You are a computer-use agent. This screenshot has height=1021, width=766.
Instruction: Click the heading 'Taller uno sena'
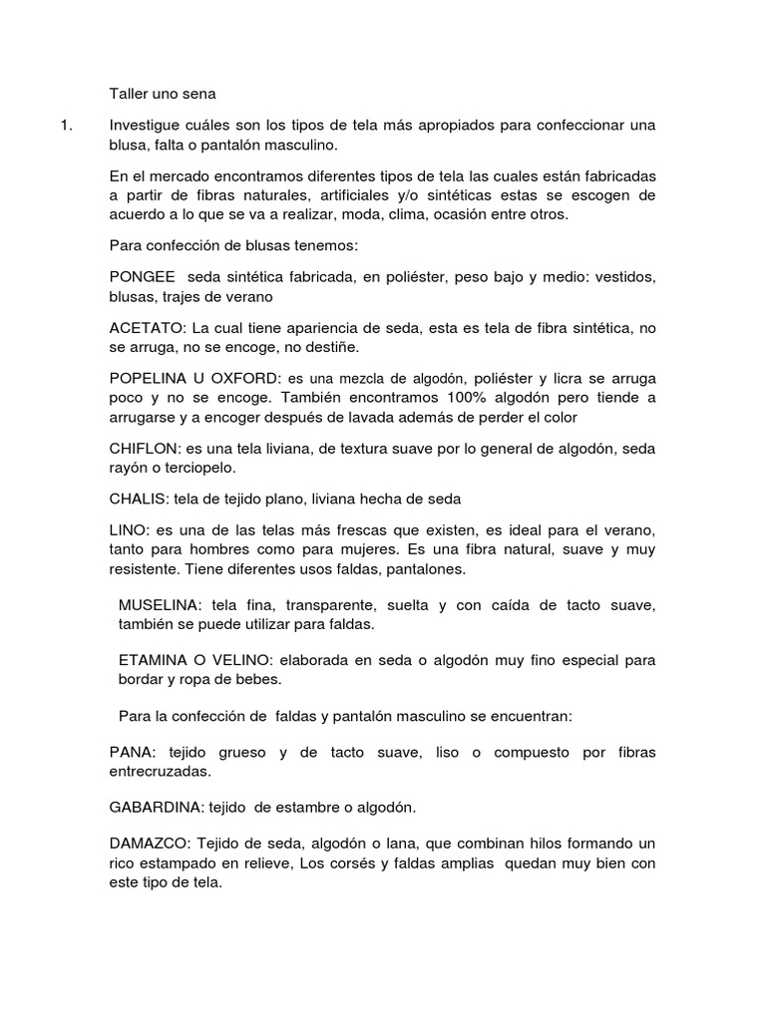[x=163, y=95]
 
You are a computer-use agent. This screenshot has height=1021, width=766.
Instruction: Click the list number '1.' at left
[x=67, y=126]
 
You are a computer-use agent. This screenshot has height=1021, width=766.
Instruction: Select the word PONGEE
[x=143, y=276]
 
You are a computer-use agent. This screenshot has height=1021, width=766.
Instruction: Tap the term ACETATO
[x=147, y=328]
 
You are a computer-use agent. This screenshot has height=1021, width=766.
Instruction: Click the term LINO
[x=128, y=527]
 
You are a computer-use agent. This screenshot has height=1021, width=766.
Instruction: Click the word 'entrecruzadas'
[x=161, y=771]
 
